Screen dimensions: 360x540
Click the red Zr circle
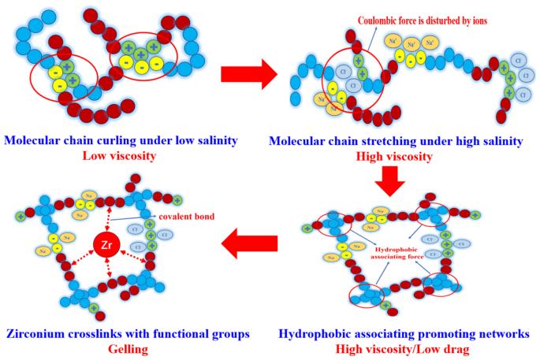(107, 245)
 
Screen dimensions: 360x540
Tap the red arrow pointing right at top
(248, 75)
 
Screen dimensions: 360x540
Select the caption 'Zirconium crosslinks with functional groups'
(127, 333)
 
